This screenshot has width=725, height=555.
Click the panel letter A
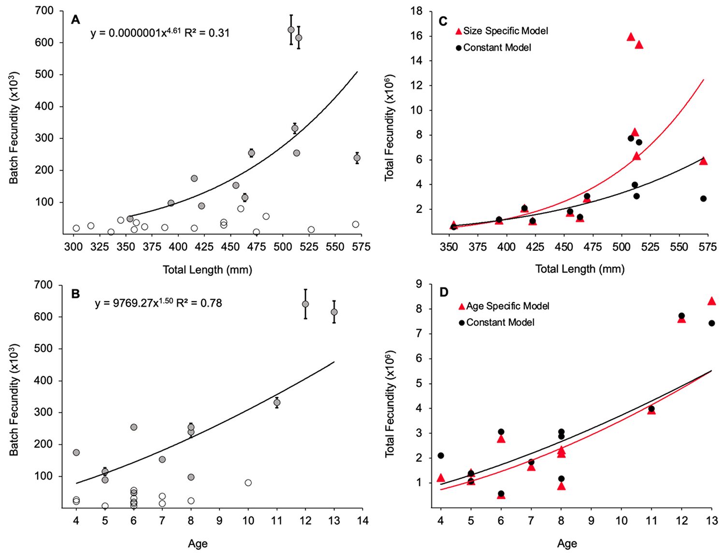(75, 20)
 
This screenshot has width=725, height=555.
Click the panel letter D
(444, 292)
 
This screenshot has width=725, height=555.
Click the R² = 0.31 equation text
(207, 33)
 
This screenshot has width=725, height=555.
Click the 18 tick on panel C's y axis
(417, 11)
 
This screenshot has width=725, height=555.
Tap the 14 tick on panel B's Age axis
(362, 521)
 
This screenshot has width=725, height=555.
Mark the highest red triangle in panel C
(631, 37)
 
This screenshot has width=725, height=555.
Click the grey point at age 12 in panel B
(305, 304)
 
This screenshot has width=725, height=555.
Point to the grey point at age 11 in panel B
(277, 402)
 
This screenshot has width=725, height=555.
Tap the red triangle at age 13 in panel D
(711, 301)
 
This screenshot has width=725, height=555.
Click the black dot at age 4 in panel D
(441, 455)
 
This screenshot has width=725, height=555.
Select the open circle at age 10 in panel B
(248, 482)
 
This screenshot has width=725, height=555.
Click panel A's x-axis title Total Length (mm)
(207, 270)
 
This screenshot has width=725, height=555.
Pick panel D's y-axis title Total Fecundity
(390, 404)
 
